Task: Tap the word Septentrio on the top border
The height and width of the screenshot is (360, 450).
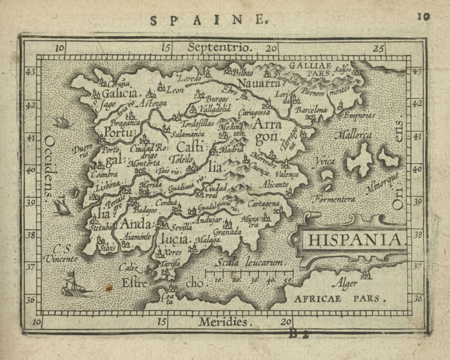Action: coord(215,47)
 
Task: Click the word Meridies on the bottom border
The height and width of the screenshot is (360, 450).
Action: coord(224,322)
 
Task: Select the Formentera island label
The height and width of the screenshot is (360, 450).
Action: coord(333,198)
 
